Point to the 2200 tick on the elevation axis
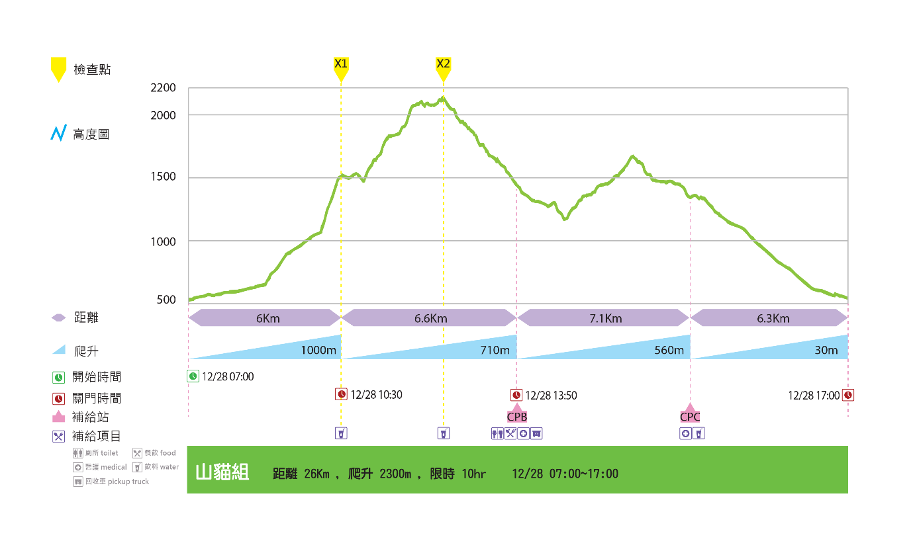click(x=162, y=88)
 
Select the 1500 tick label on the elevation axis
click(x=162, y=177)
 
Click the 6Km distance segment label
click(x=268, y=318)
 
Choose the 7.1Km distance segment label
click(x=606, y=318)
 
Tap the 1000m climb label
click(x=318, y=350)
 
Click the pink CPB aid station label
click(x=517, y=417)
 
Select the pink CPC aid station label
click(x=690, y=417)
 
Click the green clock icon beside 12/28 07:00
click(x=193, y=376)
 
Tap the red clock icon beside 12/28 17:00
click(x=848, y=395)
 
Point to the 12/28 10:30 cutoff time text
click(x=376, y=395)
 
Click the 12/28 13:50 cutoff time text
click(x=551, y=396)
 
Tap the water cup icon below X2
click(x=444, y=433)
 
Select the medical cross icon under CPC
click(x=685, y=433)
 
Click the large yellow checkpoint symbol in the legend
click(x=58, y=69)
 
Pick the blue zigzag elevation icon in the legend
click(x=58, y=133)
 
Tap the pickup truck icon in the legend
click(x=78, y=482)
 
